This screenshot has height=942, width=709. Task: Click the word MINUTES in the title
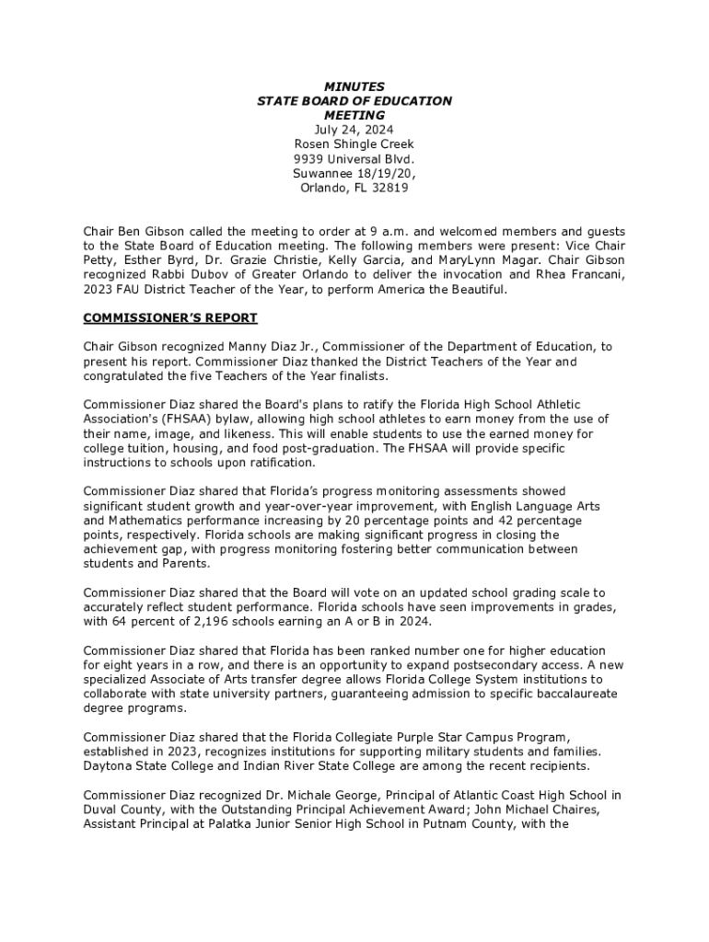coord(354,86)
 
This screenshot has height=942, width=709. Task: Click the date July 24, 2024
coord(354,130)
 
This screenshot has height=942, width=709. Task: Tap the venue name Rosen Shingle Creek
coord(354,144)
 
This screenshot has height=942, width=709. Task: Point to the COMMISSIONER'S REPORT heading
coord(170,318)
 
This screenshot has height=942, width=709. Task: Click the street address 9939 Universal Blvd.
coord(354,159)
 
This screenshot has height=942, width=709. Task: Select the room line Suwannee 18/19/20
coord(354,174)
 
